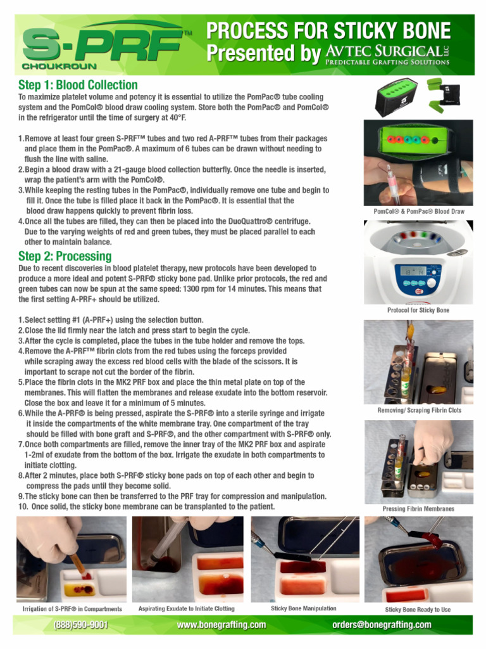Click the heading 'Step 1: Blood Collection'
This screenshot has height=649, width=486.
(78, 85)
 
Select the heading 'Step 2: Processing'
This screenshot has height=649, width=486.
(65, 256)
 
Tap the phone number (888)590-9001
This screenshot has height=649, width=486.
(80, 625)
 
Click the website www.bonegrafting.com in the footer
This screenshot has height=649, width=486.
(221, 625)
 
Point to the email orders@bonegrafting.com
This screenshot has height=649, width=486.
(382, 625)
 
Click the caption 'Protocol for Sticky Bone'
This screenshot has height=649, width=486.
(418, 310)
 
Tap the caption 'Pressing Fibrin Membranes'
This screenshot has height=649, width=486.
(418, 509)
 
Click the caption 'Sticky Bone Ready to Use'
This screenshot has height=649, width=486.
(418, 610)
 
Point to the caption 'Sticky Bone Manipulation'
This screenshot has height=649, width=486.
(303, 608)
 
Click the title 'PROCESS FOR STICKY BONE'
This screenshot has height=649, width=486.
(328, 30)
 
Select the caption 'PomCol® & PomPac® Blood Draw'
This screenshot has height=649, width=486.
(418, 211)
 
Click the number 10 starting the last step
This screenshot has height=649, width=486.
(23, 506)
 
